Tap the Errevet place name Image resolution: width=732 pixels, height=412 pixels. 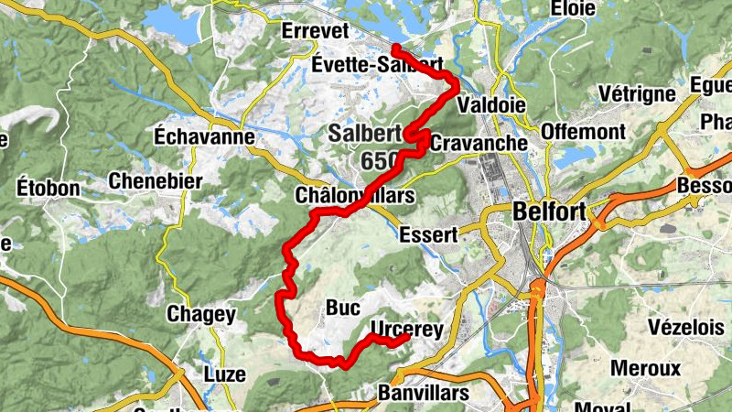click(317, 30)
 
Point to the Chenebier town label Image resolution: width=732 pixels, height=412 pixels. click(155, 181)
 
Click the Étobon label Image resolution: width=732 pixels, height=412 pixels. click(48, 189)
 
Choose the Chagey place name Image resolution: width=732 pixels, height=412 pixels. click(201, 314)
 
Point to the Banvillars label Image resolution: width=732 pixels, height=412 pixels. click(423, 393)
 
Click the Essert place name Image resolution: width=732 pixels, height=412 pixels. click(427, 234)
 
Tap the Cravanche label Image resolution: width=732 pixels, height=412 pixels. click(479, 143)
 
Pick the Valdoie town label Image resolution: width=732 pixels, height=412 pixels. click(491, 104)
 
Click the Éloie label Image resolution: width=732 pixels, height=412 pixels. click(575, 9)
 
